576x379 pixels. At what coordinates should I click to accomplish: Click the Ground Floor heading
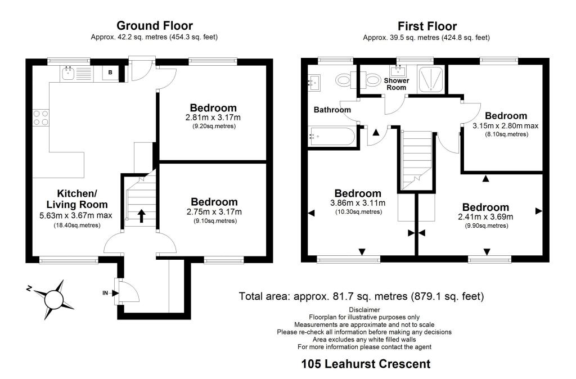[154, 26]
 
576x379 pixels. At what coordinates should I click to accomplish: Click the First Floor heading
[427, 26]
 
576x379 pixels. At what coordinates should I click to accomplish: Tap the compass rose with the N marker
[53, 296]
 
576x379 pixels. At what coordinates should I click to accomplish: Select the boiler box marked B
[110, 73]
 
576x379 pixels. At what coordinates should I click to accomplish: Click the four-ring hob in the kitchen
[40, 117]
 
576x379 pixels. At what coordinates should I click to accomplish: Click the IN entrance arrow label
[105, 292]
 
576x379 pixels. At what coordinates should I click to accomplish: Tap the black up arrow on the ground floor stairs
[141, 215]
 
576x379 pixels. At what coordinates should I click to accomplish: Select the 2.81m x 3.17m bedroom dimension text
[213, 118]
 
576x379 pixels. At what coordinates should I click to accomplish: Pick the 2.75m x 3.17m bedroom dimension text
[214, 212]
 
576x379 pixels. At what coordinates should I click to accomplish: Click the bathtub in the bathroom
[332, 136]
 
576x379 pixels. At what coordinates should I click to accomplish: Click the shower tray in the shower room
[432, 79]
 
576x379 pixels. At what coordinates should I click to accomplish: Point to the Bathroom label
[332, 110]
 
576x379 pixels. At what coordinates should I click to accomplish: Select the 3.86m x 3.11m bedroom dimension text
[358, 203]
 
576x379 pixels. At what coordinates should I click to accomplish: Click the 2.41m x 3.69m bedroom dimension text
[486, 216]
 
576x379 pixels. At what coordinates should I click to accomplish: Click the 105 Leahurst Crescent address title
[366, 364]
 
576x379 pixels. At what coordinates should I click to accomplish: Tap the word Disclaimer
[364, 310]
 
